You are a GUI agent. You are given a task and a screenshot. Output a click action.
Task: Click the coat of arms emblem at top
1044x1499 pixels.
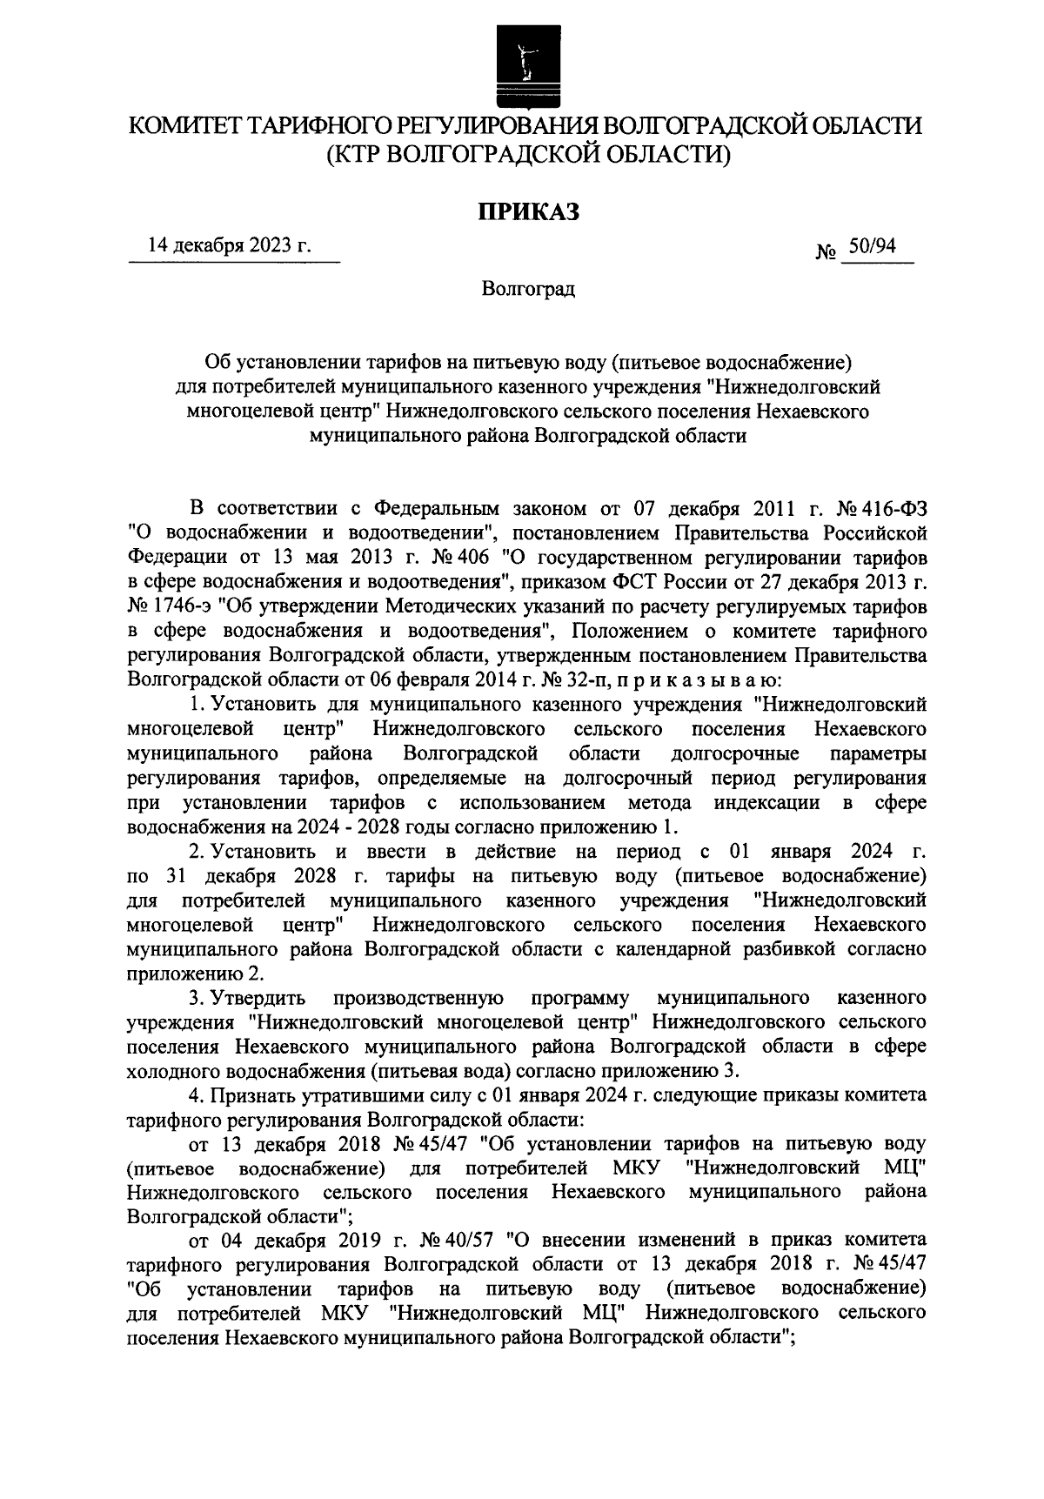[x=522, y=60]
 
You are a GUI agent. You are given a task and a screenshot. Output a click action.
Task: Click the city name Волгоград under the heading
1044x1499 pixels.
[x=528, y=287]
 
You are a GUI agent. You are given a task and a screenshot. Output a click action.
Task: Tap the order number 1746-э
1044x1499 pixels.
[x=184, y=603]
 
